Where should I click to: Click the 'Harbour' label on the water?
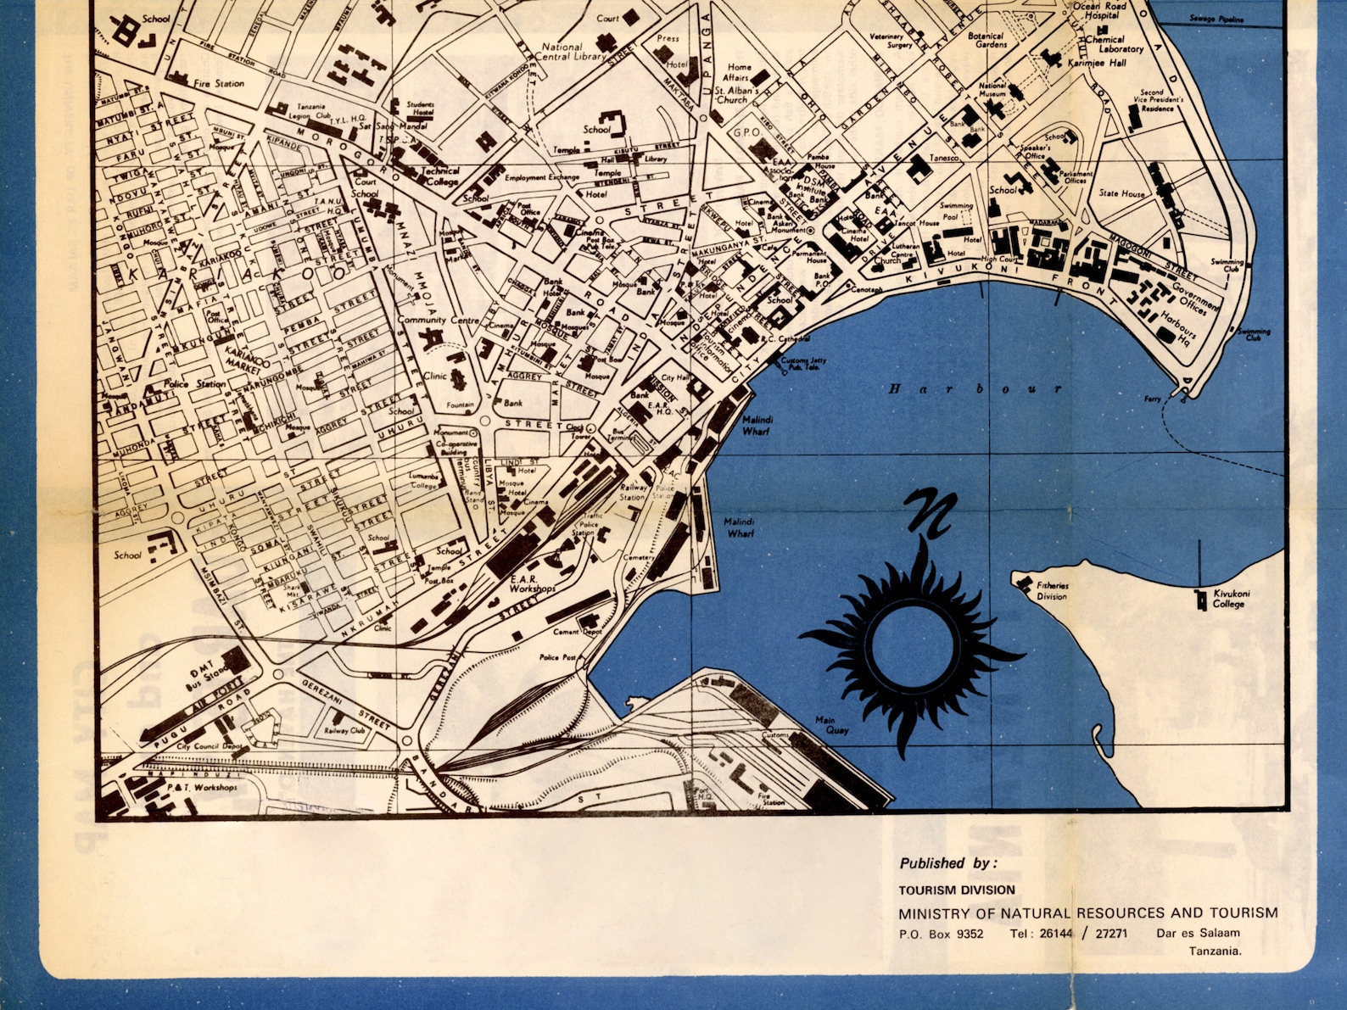click(x=975, y=389)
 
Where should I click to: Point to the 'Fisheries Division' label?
click(x=1052, y=590)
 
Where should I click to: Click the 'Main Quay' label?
click(x=831, y=725)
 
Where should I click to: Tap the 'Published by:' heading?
click(x=948, y=863)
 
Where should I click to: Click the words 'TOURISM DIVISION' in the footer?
click(x=957, y=890)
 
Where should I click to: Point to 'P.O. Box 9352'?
click(x=941, y=934)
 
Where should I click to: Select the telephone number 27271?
click(x=1111, y=934)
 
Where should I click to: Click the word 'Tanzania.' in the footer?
click(x=1215, y=951)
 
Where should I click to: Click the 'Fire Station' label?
click(x=218, y=84)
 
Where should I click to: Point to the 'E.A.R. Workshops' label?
click(x=533, y=583)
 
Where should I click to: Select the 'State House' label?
click(x=1121, y=193)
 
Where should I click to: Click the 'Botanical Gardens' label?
click(x=986, y=40)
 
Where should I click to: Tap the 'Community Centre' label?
click(x=438, y=321)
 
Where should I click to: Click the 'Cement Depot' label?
click(x=578, y=632)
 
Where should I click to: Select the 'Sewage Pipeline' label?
click(x=1216, y=19)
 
